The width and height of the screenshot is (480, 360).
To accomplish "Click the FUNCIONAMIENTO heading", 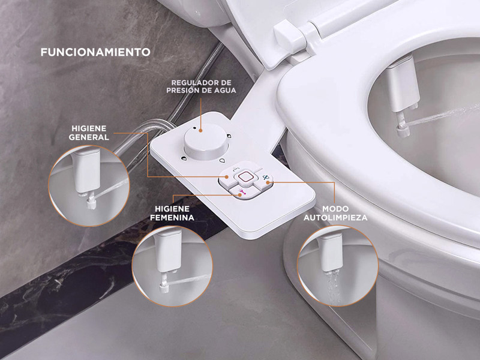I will (x=95, y=52).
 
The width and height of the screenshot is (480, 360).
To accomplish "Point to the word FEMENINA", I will (x=172, y=217).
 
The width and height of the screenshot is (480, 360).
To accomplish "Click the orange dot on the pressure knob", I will (x=201, y=128).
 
